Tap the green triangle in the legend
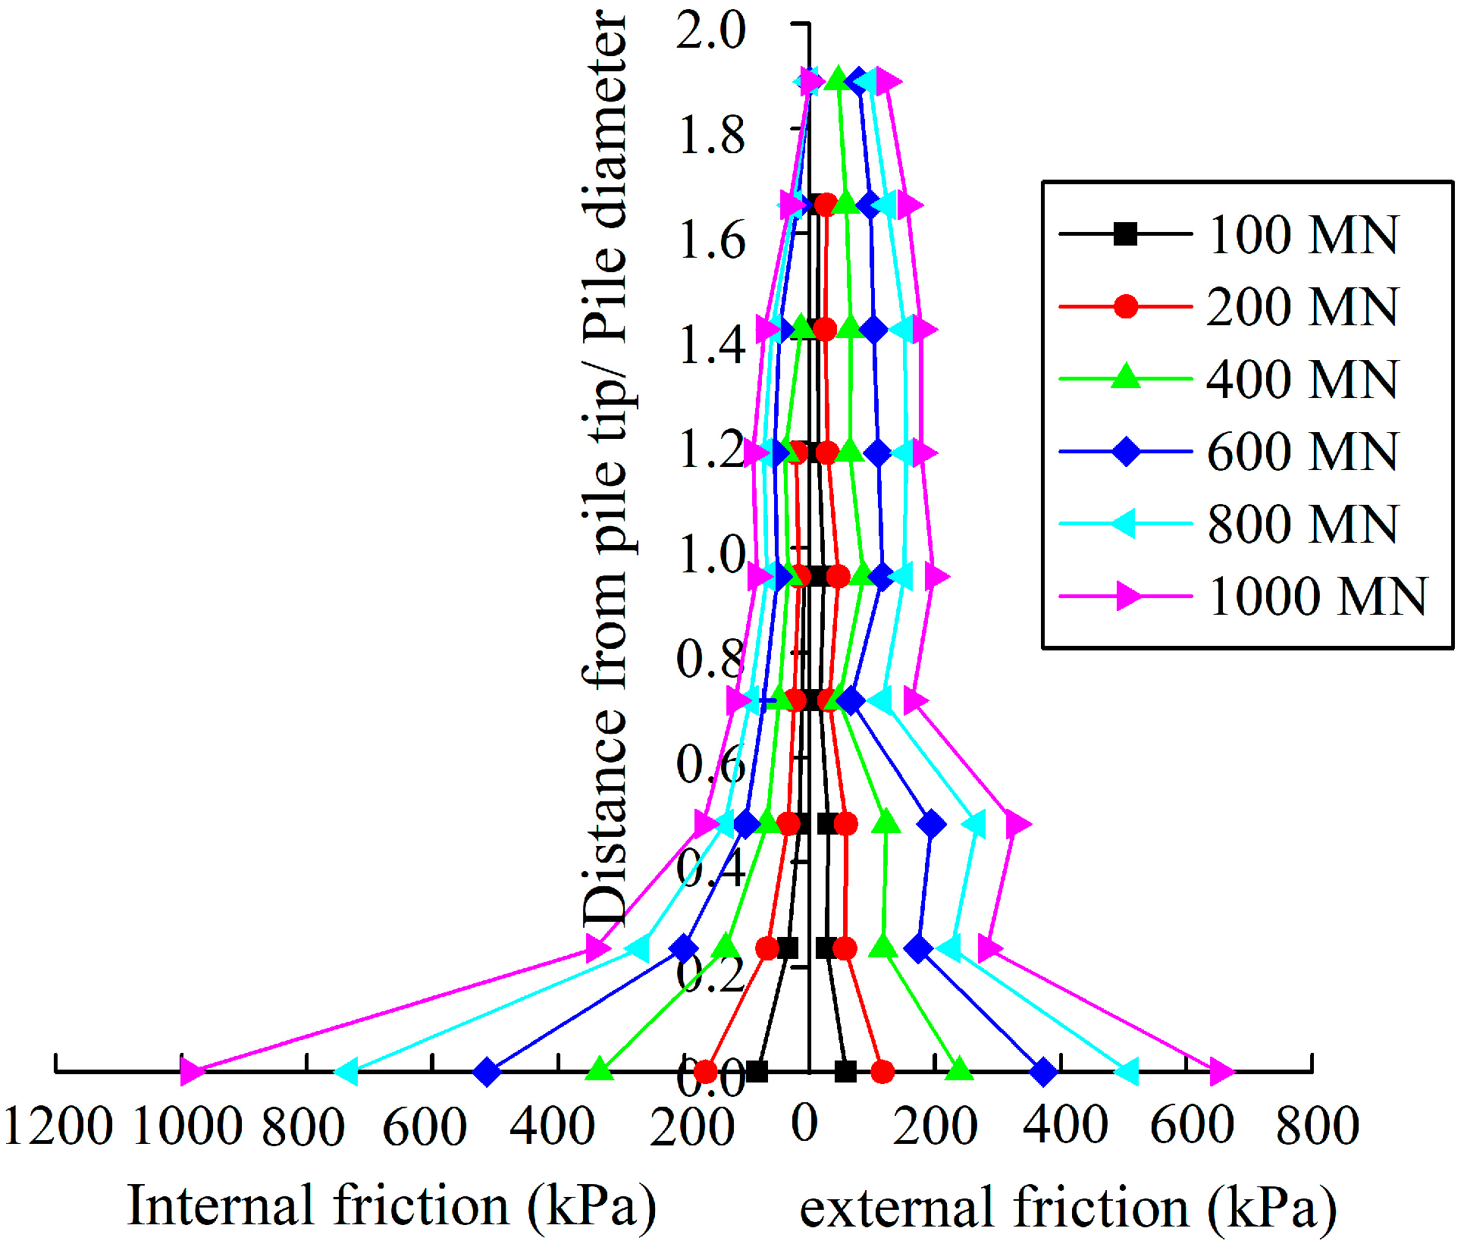tap(1126, 377)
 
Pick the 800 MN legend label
tap(1302, 524)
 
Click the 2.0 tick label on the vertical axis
tap(710, 32)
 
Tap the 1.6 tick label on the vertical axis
tap(710, 242)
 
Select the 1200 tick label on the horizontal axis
tap(58, 1126)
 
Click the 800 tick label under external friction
tap(1317, 1126)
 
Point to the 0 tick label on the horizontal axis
tap(804, 1123)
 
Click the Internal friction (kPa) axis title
tap(391, 1205)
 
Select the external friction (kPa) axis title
tap(1067, 1207)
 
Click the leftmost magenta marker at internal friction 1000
tap(193, 1071)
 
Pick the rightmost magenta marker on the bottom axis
tap(1221, 1071)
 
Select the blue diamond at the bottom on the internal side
tap(487, 1072)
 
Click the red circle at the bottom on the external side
tap(882, 1072)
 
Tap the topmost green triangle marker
tap(837, 79)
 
